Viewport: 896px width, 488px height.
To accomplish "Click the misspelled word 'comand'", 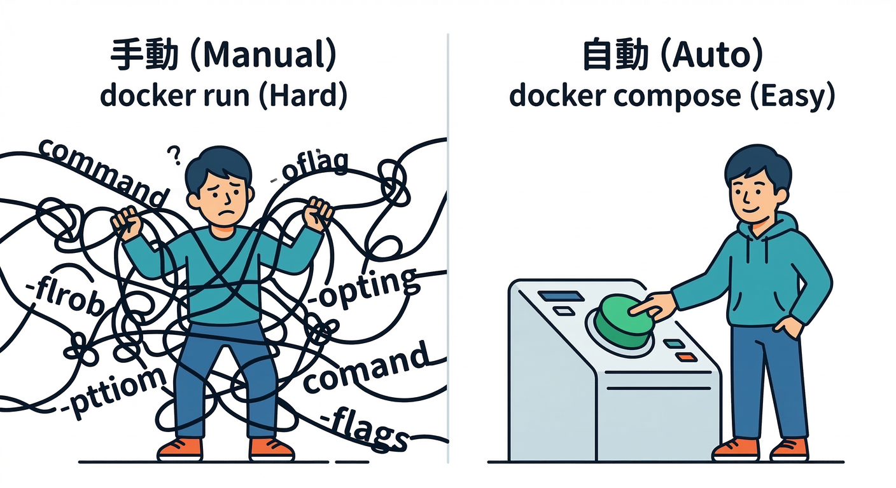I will click(x=365, y=368).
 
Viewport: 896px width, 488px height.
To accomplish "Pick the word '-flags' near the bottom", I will click(x=363, y=429).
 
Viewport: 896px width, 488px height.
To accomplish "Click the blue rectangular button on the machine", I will click(x=561, y=296).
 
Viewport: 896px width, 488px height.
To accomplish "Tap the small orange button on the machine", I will click(x=686, y=357).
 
